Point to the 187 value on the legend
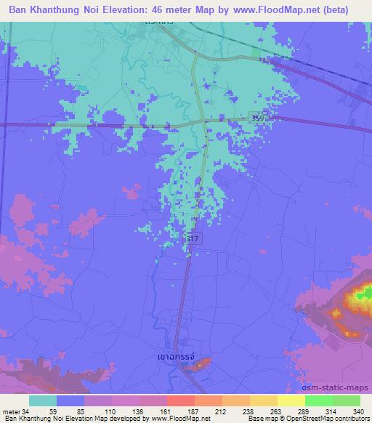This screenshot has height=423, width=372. coord(193,411)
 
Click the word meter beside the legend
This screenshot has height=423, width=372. coord(11,411)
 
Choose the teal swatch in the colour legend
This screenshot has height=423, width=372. coord(44,400)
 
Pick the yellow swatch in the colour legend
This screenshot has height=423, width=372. coord(291,400)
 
